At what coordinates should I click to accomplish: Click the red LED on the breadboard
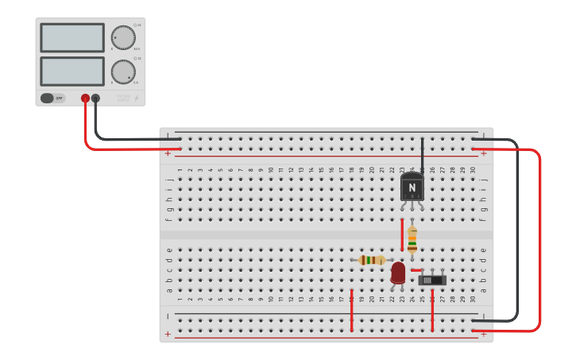pos(398,273)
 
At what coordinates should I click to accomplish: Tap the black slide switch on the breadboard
pos(432,280)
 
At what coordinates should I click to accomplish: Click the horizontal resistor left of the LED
pos(371,260)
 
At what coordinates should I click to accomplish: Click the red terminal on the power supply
pos(85,99)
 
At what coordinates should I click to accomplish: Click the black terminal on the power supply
pos(95,99)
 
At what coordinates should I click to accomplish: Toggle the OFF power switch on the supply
pos(52,99)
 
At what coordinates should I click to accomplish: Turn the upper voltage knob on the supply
pos(122,37)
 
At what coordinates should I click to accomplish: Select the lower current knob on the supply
pos(122,72)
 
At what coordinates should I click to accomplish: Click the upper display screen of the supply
pos(72,37)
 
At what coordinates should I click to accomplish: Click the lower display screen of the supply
pos(72,72)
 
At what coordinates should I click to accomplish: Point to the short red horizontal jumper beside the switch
pos(416,270)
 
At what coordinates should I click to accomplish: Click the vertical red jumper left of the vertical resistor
pos(402,235)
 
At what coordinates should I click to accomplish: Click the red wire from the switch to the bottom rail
pos(432,310)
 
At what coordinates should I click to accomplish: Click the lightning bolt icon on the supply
pos(136,99)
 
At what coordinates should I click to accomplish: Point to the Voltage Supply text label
pos(123,99)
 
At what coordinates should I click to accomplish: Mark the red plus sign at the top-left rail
pos(168,152)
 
